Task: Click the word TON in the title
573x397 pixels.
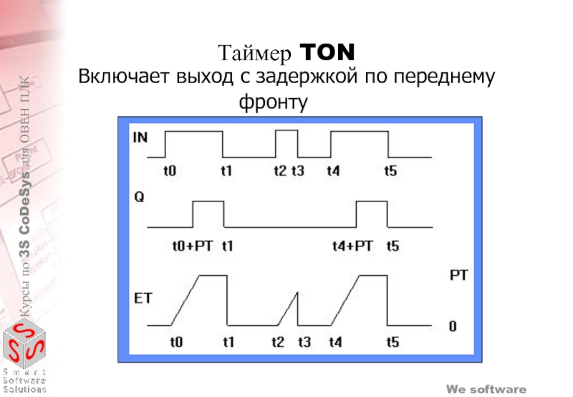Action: [326, 52]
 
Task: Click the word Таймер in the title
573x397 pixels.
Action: [256, 53]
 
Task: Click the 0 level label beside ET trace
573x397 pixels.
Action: [452, 327]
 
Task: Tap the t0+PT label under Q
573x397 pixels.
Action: [191, 245]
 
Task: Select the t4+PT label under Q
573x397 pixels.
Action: [352, 245]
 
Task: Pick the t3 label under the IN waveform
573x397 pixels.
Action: [297, 171]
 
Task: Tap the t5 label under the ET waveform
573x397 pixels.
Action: [392, 342]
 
